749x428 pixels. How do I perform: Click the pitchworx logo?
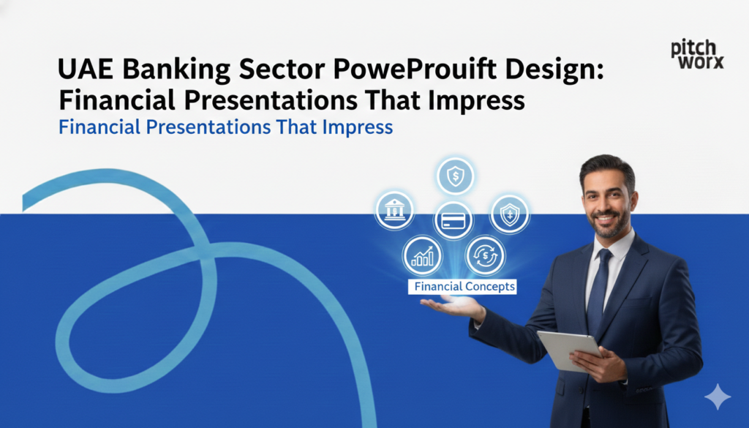pos(696,54)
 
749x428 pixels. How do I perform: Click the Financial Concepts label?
pos(464,287)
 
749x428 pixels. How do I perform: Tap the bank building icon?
pos(394,211)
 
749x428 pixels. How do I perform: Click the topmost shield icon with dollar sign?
pos(455,176)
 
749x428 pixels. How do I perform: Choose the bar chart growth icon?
pos(422,255)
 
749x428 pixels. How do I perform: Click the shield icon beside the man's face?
pos(509,214)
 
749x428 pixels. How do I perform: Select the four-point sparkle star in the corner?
pos(717,397)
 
